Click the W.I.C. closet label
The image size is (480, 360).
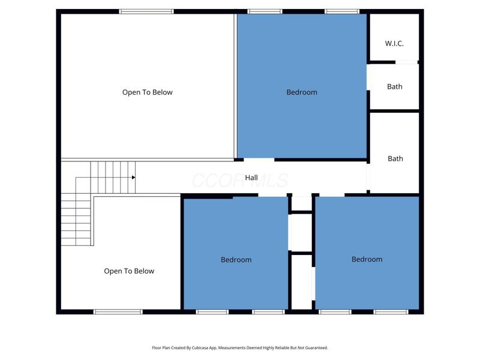[x=394, y=44]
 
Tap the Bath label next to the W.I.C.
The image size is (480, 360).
[x=394, y=86]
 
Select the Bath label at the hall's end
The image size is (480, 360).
[x=395, y=158]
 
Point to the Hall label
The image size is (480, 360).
[x=251, y=178]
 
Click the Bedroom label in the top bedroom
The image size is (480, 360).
[x=301, y=92]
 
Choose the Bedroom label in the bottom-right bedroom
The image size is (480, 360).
[x=367, y=259]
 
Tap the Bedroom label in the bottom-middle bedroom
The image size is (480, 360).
[x=236, y=260]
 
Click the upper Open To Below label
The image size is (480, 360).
[x=147, y=92]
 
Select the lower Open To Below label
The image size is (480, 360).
[x=129, y=271]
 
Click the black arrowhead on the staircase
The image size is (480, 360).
[x=133, y=177]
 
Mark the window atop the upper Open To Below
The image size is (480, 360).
[x=146, y=11]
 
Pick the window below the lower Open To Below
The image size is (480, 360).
[x=118, y=311]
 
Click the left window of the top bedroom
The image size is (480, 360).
[x=265, y=11]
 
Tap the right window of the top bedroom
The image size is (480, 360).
[x=342, y=11]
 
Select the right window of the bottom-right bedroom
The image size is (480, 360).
[x=391, y=311]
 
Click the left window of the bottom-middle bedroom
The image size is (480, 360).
[x=212, y=311]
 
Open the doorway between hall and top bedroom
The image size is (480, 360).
[x=259, y=160]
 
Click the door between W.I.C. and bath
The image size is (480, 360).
[x=406, y=62]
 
